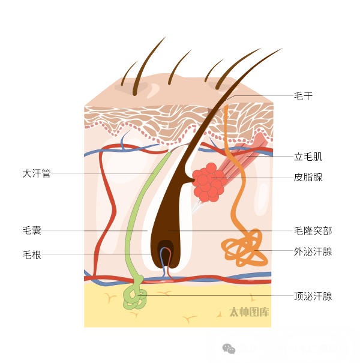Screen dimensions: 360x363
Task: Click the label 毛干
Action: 303,96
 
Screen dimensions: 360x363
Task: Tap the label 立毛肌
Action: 308,157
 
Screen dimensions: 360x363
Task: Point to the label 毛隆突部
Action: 313,230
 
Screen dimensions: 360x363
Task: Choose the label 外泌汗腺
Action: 313,251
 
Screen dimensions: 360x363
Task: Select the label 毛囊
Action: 32,230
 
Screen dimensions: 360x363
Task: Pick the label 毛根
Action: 32,254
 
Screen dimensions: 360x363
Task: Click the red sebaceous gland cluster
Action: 208,182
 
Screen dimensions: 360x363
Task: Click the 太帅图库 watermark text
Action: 249,312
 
